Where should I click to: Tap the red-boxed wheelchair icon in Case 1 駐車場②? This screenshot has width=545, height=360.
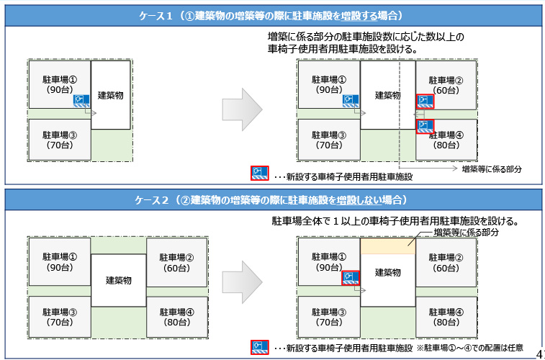click(x=424, y=100)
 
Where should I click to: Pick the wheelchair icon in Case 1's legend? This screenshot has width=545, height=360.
click(x=259, y=174)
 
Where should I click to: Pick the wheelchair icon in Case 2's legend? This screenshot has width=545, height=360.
click(x=259, y=348)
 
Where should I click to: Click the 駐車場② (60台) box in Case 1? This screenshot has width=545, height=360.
click(x=446, y=85)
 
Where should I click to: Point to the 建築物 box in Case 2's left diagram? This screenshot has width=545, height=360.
click(x=119, y=281)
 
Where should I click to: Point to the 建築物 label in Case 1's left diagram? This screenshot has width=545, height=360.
click(x=111, y=95)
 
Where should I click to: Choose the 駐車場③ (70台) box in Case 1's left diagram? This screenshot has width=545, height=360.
click(x=59, y=140)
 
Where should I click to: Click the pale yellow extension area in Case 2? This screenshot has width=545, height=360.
click(x=387, y=246)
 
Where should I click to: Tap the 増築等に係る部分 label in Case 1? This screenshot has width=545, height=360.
click(x=491, y=168)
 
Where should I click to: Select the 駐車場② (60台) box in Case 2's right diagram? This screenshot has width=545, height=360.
click(x=446, y=262)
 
